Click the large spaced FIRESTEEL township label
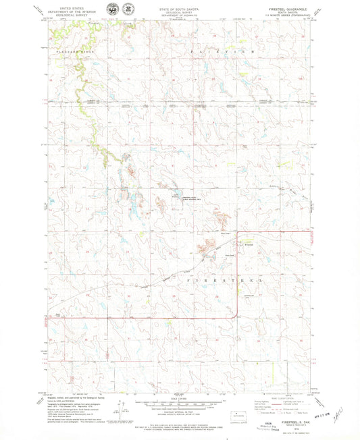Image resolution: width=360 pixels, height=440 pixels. click(220, 277)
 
